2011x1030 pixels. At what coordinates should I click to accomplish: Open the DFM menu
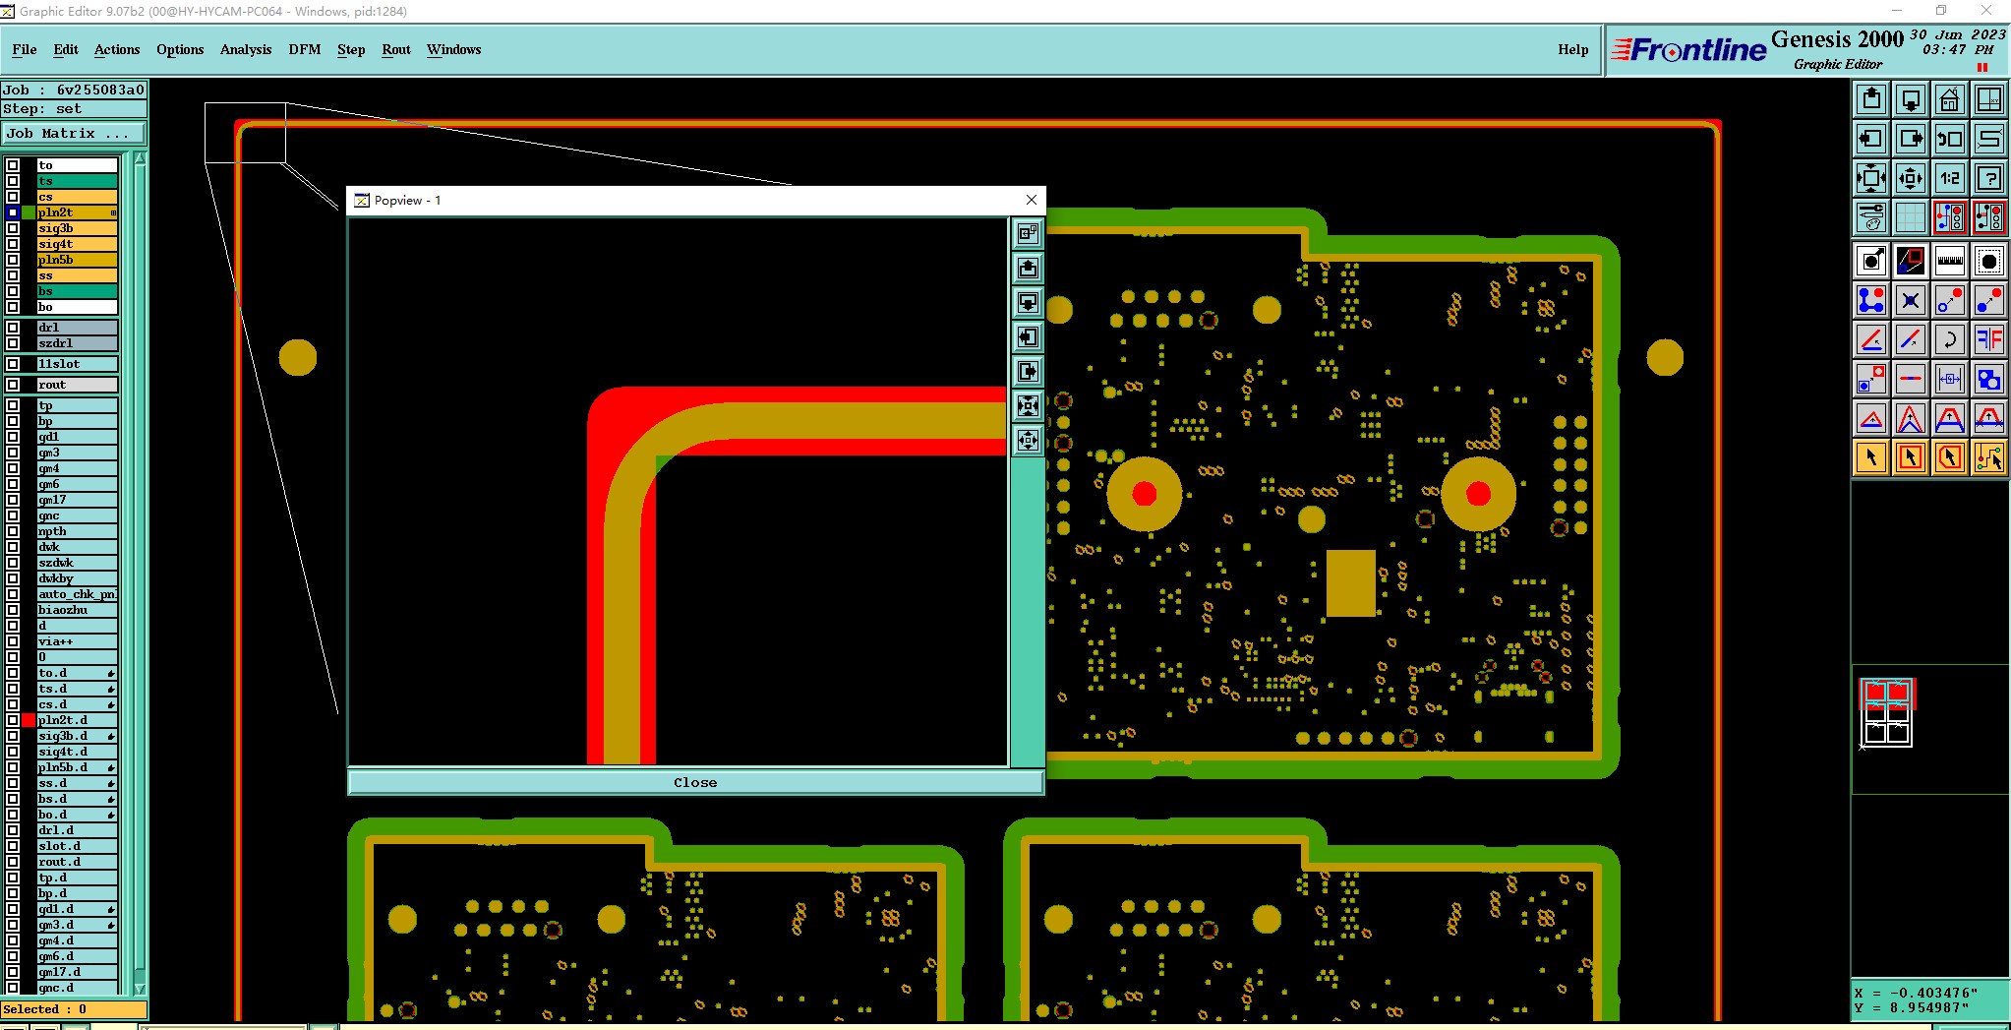pyautogui.click(x=304, y=49)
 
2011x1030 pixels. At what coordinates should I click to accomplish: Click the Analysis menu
pyautogui.click(x=245, y=49)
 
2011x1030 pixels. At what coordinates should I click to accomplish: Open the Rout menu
pyautogui.click(x=396, y=49)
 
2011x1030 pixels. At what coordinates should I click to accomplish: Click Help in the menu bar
pyautogui.click(x=1572, y=49)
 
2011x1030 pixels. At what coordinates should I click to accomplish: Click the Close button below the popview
pyautogui.click(x=695, y=782)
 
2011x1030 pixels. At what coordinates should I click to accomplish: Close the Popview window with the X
pyautogui.click(x=1032, y=200)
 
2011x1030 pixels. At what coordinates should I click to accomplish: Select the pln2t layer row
pyautogui.click(x=77, y=212)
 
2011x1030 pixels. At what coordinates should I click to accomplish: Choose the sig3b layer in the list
pyautogui.click(x=77, y=228)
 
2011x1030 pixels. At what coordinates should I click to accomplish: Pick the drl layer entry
pyautogui.click(x=77, y=328)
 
